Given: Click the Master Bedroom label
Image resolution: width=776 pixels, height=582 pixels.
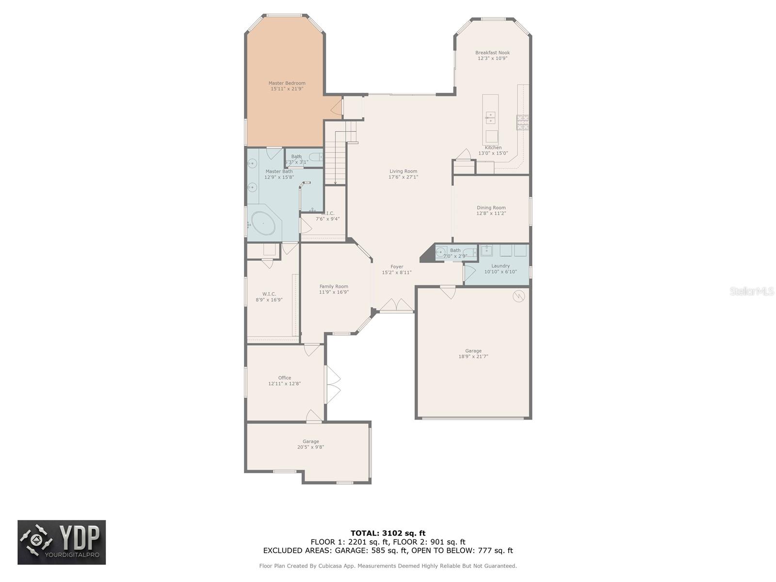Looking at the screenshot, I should click(287, 83).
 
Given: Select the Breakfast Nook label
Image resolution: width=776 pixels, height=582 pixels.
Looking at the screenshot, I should click(492, 52).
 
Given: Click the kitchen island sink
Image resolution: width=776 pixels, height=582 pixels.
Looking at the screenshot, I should click(490, 117).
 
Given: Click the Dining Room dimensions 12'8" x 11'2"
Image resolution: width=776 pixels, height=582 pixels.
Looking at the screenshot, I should click(491, 213).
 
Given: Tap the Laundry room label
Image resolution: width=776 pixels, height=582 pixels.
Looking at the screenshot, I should click(500, 266).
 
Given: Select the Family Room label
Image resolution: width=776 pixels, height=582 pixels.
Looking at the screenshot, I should click(334, 287).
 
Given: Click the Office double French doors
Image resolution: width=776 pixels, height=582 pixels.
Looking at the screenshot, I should click(333, 385).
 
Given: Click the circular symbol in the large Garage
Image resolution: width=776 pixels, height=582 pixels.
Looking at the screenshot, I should click(519, 295).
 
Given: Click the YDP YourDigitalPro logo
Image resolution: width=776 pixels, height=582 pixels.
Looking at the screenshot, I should click(62, 542).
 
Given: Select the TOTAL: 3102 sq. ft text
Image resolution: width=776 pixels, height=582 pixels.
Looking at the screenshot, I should click(388, 533).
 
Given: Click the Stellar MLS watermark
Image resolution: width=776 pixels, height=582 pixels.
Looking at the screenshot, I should click(752, 291).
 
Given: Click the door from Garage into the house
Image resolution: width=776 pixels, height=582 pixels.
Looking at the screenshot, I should click(448, 292).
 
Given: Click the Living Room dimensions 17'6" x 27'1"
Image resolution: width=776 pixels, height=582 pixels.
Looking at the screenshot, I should click(403, 177).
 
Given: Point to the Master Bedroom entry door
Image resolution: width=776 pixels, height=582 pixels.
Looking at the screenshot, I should click(337, 107).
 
